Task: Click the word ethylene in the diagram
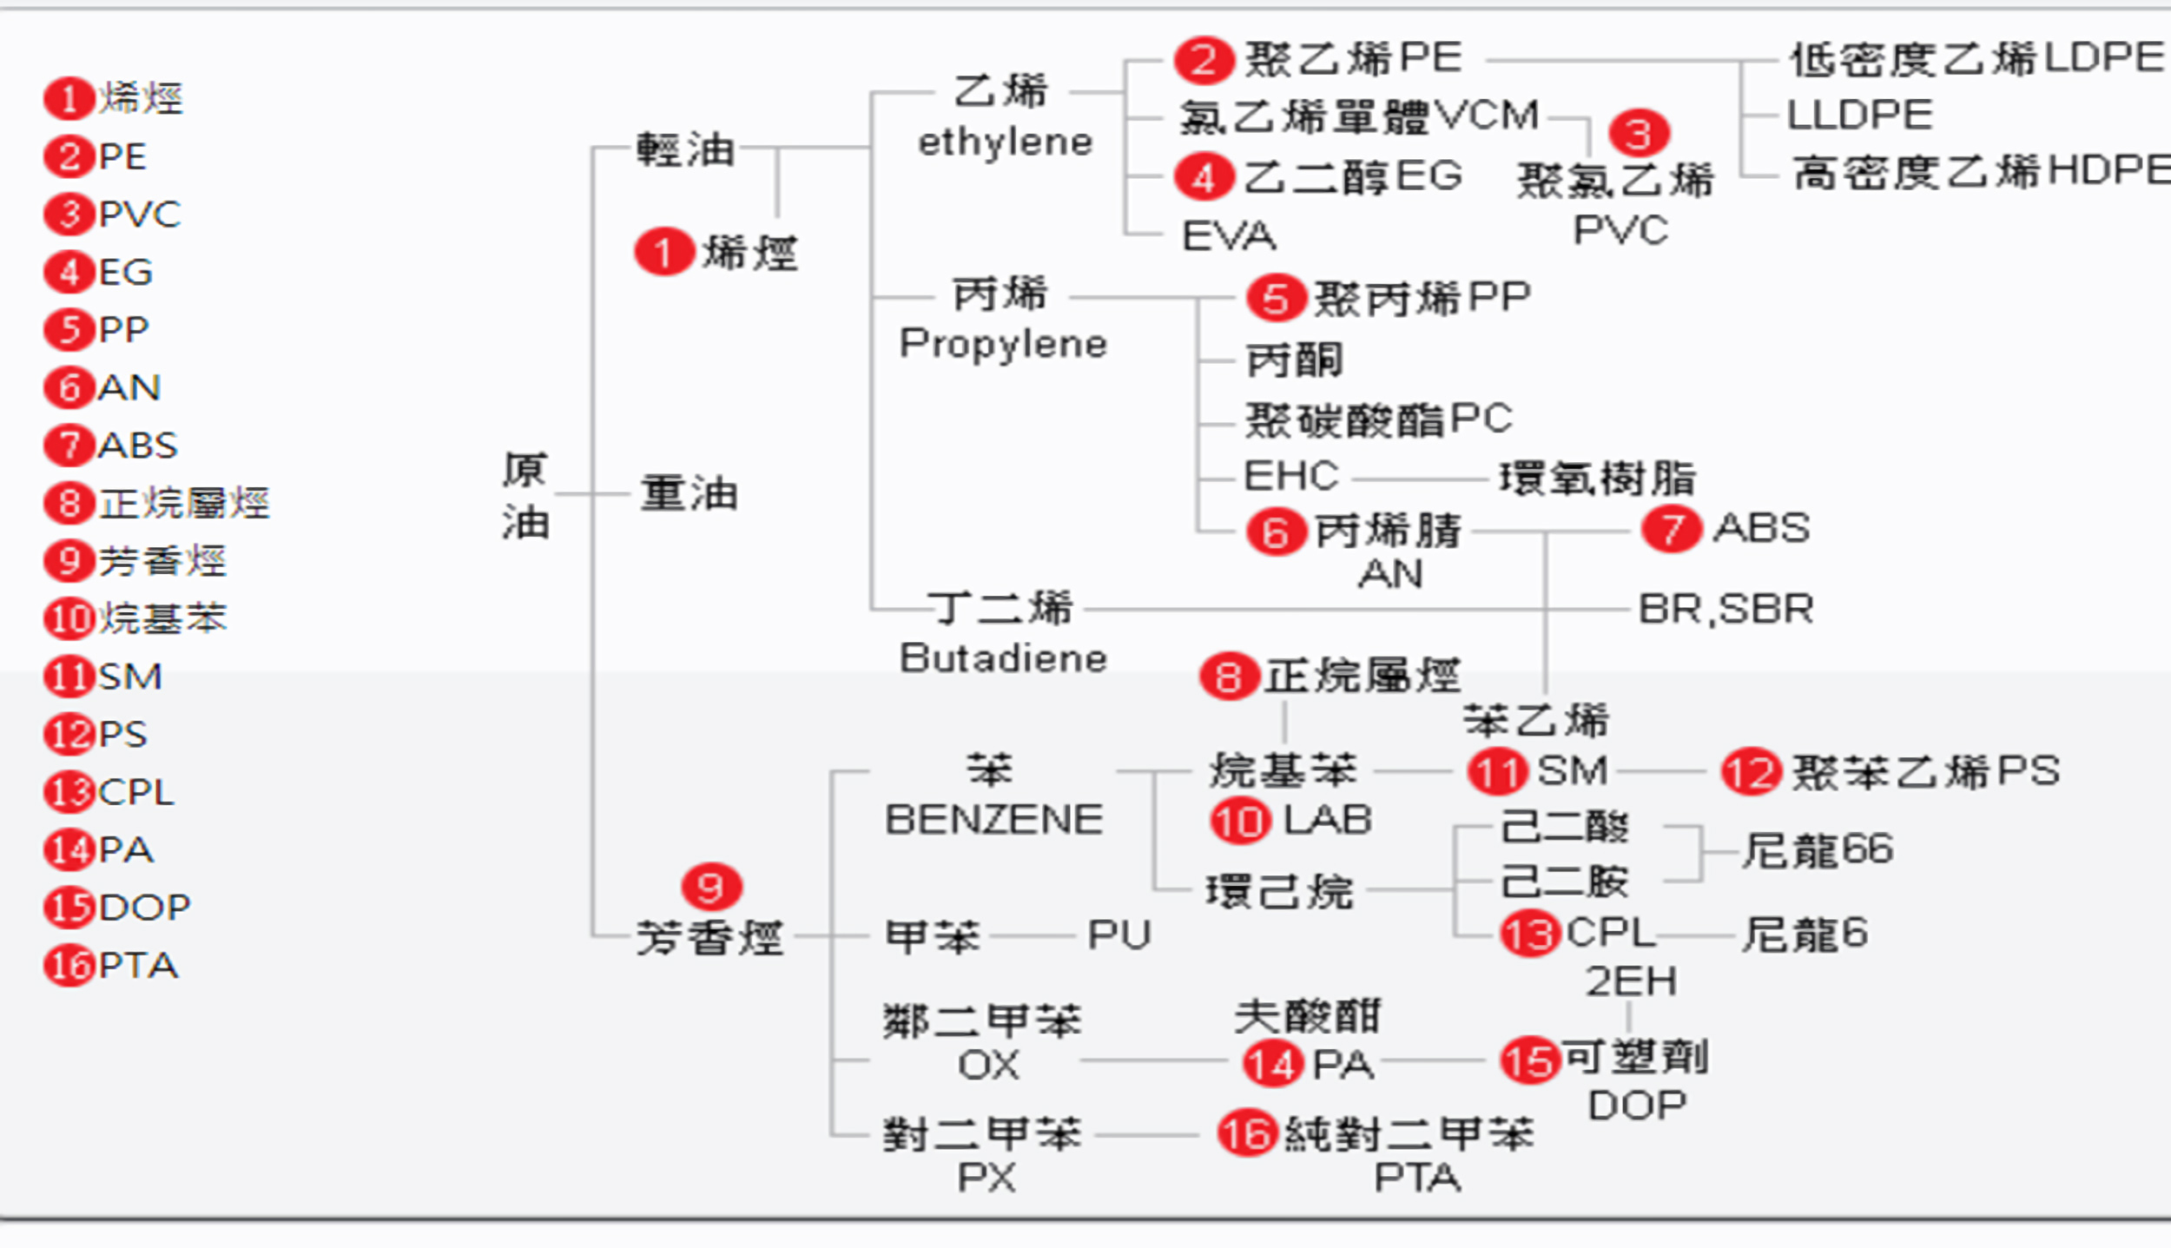point(1005,142)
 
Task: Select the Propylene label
point(1003,344)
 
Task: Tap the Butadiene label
point(1003,658)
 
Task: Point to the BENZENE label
point(993,820)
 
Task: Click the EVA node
point(1229,235)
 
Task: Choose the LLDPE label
point(1859,115)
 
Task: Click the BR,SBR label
point(1726,609)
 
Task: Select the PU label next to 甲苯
point(1118,935)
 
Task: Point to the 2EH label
point(1631,981)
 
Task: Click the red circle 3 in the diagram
point(1638,134)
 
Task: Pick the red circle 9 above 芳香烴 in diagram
point(711,887)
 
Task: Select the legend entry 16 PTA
point(112,966)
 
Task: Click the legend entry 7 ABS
point(112,446)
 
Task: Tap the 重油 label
point(689,493)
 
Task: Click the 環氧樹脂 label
point(1597,478)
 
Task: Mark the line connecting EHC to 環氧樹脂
point(1419,479)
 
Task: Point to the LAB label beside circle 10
point(1327,820)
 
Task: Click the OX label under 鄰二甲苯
point(987,1065)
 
